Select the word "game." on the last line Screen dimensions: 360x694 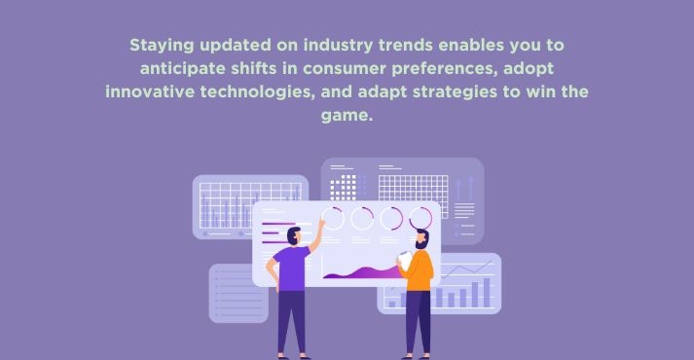347,115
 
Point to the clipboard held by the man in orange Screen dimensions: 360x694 403,258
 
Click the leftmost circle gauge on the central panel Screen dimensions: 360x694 333,218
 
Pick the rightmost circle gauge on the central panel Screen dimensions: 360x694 420,218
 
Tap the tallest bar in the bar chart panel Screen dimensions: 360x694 487,291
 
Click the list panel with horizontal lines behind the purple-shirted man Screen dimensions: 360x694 237,292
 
